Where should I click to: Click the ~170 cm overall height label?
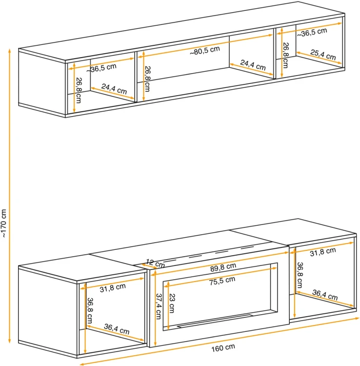click(4, 224)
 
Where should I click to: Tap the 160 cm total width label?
click(223, 348)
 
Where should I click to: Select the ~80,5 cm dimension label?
click(204, 51)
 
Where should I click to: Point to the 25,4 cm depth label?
click(323, 55)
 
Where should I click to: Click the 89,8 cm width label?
click(223, 267)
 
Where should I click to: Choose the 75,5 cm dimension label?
click(222, 281)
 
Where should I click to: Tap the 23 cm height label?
click(172, 303)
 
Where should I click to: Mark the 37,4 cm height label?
click(159, 306)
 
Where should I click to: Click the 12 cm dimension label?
click(155, 264)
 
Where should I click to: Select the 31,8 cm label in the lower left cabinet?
click(113, 288)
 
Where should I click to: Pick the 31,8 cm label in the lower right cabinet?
click(323, 252)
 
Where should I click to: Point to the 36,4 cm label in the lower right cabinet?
click(325, 295)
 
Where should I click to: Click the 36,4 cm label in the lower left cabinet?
click(117, 329)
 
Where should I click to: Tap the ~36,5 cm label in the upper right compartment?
click(312, 32)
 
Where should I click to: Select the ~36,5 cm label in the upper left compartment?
click(101, 68)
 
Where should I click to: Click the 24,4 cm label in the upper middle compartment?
click(253, 65)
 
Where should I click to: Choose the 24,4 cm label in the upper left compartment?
click(114, 89)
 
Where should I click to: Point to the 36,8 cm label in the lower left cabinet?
click(90, 310)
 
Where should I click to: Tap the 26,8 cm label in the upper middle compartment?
click(147, 79)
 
